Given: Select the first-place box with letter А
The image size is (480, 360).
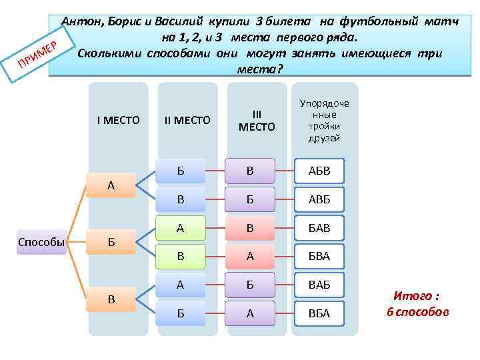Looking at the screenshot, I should [x=111, y=185].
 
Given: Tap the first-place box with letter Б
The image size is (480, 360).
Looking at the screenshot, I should [x=111, y=242].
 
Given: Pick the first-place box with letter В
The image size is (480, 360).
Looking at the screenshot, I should [x=111, y=299].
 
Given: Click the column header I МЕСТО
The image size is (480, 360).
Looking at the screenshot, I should [x=118, y=120].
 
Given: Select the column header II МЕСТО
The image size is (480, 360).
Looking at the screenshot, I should [x=187, y=120].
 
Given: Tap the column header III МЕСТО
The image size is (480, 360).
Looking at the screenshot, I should [x=257, y=120].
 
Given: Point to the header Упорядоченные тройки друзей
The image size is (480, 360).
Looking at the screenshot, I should [x=325, y=120].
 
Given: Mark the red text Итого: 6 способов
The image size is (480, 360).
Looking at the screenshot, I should [x=417, y=304].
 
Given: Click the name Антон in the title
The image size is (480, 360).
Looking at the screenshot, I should [x=83, y=21].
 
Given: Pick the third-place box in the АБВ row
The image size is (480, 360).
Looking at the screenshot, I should [x=250, y=171].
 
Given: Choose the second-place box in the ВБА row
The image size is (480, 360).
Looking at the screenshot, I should [x=181, y=313].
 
